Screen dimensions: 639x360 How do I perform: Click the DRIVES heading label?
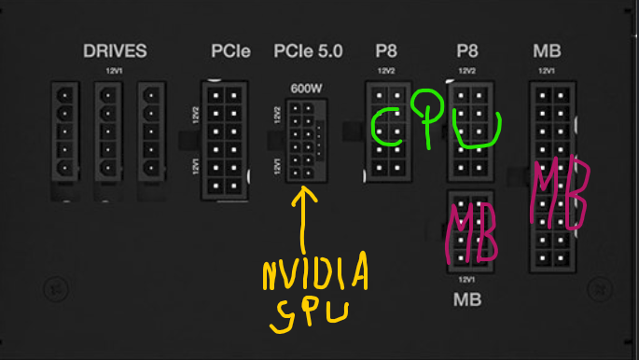click(115, 51)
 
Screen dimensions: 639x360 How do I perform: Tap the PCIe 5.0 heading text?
click(308, 51)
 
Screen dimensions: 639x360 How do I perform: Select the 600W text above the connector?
click(307, 89)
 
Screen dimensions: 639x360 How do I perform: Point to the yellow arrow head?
click(304, 195)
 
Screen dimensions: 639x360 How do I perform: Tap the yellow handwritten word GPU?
click(309, 316)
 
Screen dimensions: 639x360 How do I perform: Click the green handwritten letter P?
click(427, 118)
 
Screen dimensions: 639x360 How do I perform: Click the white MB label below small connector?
click(467, 299)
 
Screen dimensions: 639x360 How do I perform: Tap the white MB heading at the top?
click(547, 51)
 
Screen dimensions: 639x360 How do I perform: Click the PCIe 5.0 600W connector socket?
click(307, 141)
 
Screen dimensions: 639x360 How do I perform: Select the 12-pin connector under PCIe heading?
click(225, 141)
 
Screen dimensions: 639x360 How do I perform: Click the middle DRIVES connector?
click(108, 132)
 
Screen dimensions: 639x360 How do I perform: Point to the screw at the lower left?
click(56, 289)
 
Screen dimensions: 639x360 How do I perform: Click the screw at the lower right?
click(600, 289)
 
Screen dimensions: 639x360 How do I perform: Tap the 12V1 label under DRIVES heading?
click(114, 71)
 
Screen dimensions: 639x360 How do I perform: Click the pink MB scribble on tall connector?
click(560, 192)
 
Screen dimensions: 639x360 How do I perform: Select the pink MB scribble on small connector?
click(471, 233)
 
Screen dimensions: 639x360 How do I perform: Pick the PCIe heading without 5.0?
click(230, 51)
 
